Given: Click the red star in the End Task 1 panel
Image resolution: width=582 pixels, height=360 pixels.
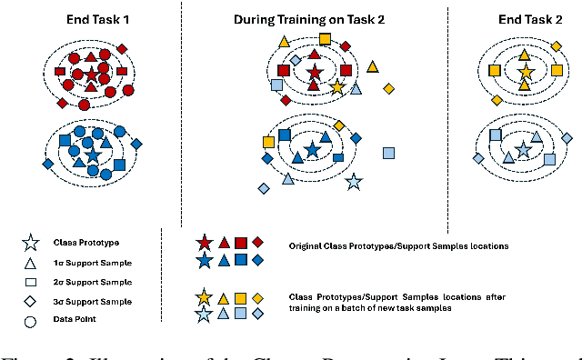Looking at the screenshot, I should click(91, 75).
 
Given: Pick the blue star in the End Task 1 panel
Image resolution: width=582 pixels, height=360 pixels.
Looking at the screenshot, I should click(92, 155).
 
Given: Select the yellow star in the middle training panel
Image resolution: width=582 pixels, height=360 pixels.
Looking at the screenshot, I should click(337, 87).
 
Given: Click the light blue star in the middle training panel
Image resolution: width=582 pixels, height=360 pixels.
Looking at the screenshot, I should click(354, 183).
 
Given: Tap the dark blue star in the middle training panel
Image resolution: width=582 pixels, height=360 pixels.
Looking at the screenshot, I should click(313, 150).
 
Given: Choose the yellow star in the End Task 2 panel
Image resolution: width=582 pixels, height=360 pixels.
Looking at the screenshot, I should click(525, 70).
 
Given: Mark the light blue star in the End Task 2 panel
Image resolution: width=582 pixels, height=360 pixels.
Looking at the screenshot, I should click(523, 150).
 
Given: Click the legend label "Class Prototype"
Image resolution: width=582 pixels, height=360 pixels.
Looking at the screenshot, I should click(87, 243).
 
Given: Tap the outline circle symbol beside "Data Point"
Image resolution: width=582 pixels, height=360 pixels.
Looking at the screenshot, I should click(30, 320).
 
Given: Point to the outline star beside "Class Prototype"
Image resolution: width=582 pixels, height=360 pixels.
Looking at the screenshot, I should click(30, 243).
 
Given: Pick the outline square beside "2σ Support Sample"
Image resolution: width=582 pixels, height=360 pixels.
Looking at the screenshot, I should click(30, 282).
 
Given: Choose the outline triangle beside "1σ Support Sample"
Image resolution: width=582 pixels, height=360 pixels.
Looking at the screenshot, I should click(30, 263).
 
